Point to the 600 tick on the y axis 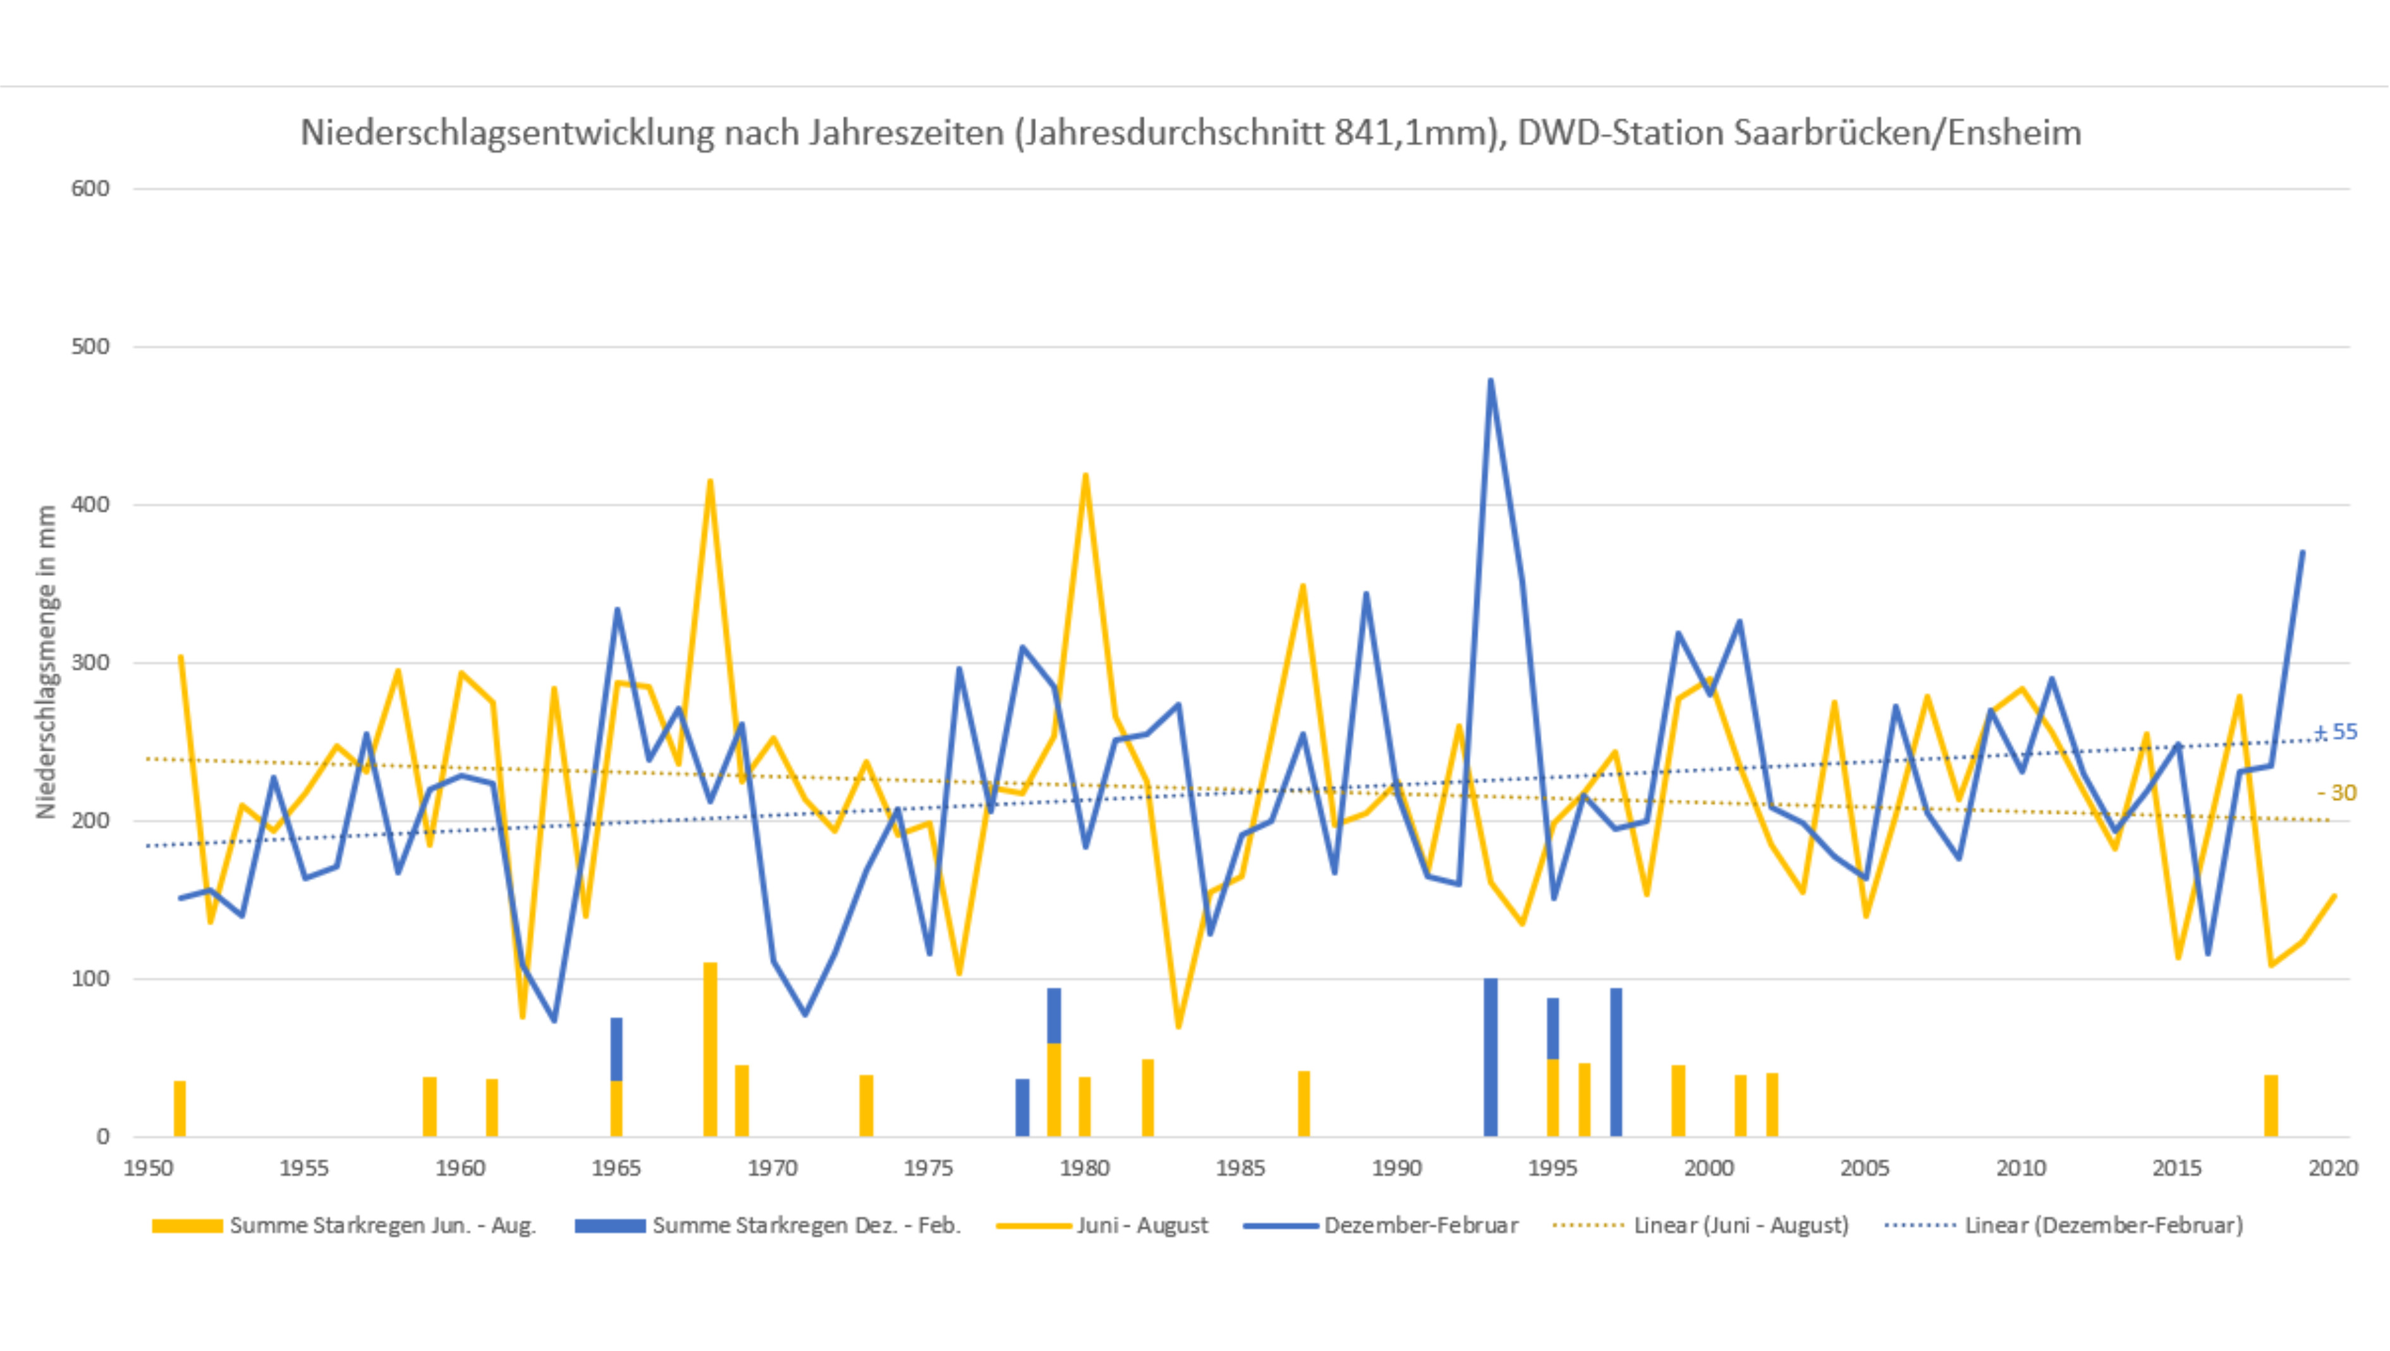[x=90, y=188]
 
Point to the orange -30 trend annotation [x=2337, y=793]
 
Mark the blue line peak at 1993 [x=1490, y=381]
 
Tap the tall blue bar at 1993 [x=1490, y=1057]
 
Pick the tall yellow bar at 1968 [x=710, y=1049]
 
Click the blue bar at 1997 [x=1615, y=1063]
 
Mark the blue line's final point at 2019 [x=2302, y=553]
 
